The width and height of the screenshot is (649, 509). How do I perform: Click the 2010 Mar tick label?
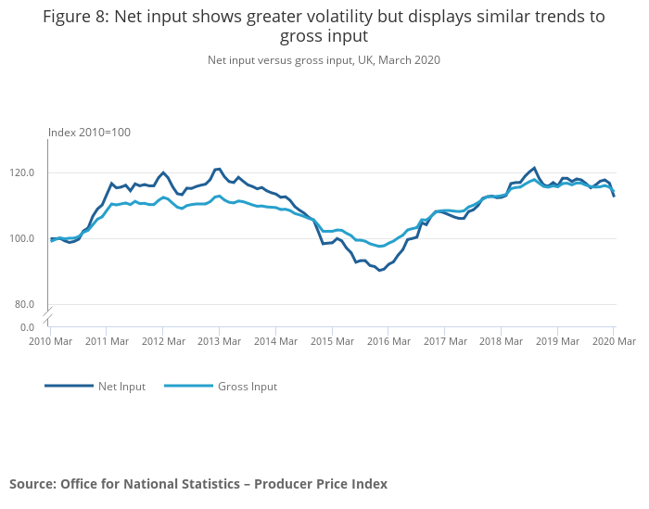tap(51, 342)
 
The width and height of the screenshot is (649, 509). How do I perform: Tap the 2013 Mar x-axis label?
tap(220, 342)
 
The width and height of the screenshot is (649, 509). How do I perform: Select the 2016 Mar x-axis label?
tap(388, 342)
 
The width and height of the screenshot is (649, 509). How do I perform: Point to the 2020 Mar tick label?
tap(614, 342)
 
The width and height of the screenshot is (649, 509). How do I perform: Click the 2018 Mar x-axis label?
tap(502, 342)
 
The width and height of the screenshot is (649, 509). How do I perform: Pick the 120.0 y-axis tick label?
tap(21, 172)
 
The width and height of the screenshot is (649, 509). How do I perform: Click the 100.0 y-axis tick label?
tap(21, 238)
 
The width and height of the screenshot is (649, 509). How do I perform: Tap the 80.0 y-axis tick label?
tap(23, 304)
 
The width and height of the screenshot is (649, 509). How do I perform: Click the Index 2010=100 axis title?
tap(89, 133)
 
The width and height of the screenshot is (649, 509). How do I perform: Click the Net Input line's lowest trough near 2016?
tap(380, 271)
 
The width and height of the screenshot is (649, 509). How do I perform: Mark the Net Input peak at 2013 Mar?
tap(219, 169)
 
